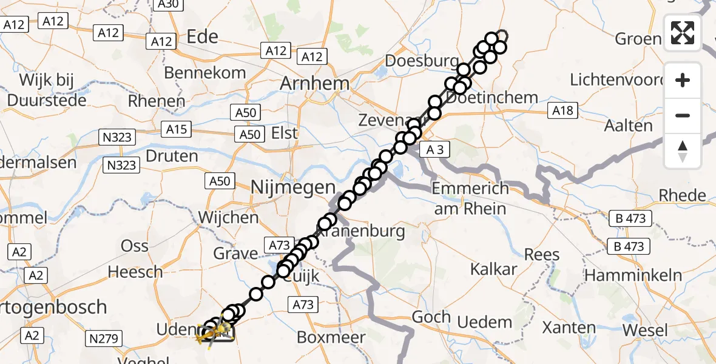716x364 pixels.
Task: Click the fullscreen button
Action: click(x=683, y=33)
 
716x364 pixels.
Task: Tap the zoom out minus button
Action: click(x=683, y=115)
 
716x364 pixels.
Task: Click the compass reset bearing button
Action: click(x=683, y=150)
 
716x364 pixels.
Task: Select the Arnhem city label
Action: click(x=314, y=84)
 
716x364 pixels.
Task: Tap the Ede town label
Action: click(x=203, y=37)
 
